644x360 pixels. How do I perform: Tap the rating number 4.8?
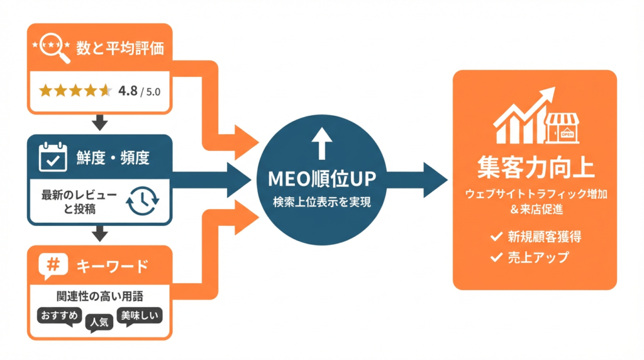point(127,91)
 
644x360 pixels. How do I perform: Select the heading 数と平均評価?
point(119,48)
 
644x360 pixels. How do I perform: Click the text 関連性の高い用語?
point(99,296)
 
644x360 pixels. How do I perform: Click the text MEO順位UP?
point(321,179)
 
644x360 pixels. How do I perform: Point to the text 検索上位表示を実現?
point(321,201)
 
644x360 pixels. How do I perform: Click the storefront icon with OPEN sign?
point(562,128)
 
